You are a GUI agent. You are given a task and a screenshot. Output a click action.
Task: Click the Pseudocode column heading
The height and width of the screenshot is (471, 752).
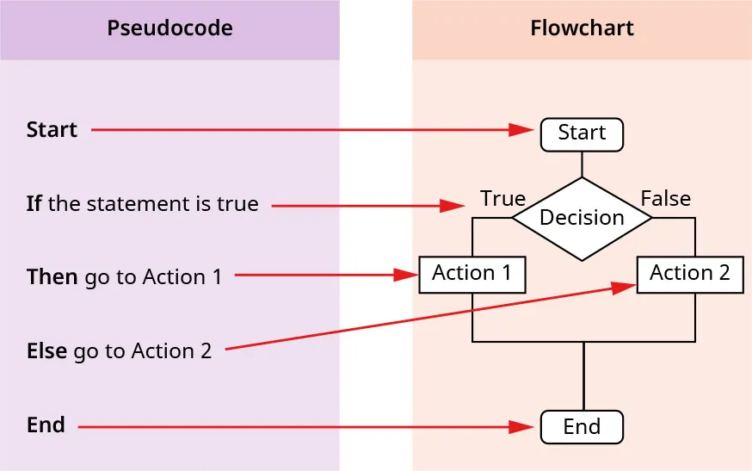[170, 28]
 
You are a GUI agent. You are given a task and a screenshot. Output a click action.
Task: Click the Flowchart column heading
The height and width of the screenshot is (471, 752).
[582, 28]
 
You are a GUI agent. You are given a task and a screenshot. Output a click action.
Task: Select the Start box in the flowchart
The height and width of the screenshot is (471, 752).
[582, 133]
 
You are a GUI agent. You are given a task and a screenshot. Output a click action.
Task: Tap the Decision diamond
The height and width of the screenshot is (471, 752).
[582, 218]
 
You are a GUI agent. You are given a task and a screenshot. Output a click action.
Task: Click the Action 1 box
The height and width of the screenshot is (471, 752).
[472, 275]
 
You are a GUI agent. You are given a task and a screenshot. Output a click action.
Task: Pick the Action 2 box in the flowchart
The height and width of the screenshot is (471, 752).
[689, 275]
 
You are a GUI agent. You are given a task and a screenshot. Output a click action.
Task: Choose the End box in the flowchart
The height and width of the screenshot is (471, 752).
[582, 427]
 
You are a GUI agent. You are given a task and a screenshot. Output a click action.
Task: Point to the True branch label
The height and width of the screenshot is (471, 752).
[502, 199]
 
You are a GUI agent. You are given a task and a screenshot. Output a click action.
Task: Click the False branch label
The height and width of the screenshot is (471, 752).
[665, 199]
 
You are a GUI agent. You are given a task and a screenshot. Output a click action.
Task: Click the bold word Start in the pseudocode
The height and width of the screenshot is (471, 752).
[52, 130]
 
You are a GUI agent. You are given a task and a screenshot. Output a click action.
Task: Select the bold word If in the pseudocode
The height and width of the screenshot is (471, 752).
[34, 204]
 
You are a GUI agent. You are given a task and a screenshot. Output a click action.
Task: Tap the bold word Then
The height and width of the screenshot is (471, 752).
[52, 277]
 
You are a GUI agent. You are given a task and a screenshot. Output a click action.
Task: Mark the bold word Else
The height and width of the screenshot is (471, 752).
[46, 351]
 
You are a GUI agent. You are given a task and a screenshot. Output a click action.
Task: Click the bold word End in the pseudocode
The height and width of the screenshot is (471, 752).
[46, 425]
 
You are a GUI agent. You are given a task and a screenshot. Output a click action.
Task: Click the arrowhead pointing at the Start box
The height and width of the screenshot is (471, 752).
[521, 130]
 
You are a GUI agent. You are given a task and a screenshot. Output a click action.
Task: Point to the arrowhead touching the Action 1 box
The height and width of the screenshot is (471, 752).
[405, 276]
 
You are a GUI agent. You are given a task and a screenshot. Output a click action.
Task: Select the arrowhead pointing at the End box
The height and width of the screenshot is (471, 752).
[521, 426]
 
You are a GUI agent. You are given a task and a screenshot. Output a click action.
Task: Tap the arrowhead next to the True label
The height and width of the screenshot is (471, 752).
[453, 206]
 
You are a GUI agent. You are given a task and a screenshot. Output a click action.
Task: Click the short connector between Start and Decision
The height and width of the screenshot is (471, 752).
[582, 164]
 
